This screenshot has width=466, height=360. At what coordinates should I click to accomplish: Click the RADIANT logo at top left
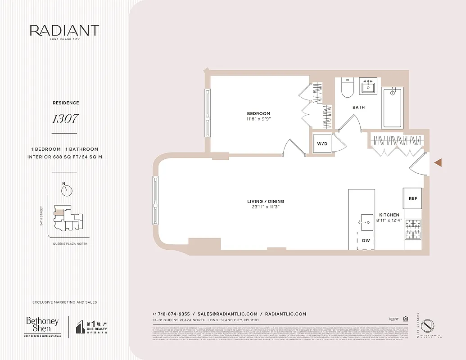[x=64, y=31]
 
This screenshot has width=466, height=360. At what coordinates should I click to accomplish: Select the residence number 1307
[x=65, y=119]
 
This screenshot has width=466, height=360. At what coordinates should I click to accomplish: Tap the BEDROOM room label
[x=258, y=113]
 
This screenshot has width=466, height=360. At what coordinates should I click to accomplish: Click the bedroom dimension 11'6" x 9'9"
[x=258, y=119]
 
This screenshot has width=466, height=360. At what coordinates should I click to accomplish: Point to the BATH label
[x=358, y=107]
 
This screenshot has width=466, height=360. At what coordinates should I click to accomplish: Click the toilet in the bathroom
[x=348, y=88]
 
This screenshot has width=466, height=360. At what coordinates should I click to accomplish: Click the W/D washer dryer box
[x=322, y=144]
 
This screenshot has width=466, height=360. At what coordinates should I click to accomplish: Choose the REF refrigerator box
[x=412, y=198]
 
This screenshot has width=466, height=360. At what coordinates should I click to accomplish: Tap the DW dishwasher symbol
[x=366, y=241]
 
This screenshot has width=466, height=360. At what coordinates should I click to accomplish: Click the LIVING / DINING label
[x=266, y=201]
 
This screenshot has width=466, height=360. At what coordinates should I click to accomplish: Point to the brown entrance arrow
[x=437, y=162]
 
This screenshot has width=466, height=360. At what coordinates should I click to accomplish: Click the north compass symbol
[x=67, y=190]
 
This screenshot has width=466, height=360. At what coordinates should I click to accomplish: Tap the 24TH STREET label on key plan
[x=41, y=216]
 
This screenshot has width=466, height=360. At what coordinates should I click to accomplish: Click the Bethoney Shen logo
[x=42, y=326]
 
